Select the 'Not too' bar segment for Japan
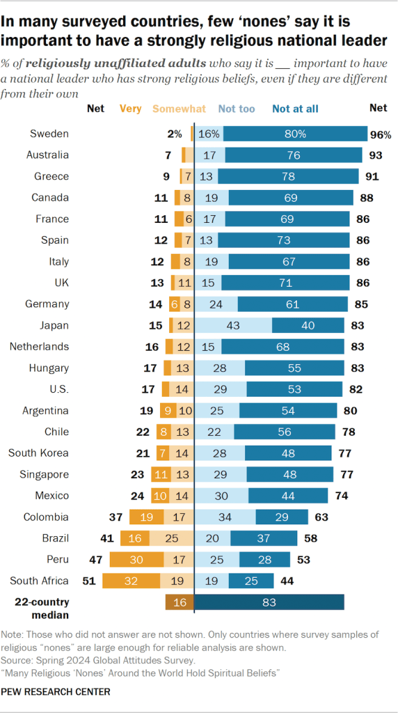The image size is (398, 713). click(x=233, y=325)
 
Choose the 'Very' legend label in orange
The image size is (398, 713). click(x=131, y=108)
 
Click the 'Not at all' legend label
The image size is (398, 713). click(x=296, y=108)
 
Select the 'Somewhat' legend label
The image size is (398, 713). click(x=179, y=108)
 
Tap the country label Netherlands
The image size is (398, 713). click(x=45, y=346)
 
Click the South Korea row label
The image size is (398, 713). click(x=38, y=453)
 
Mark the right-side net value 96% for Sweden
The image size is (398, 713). click(x=380, y=134)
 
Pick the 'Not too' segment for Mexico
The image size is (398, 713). click(x=221, y=495)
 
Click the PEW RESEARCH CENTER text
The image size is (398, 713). click(x=56, y=691)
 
